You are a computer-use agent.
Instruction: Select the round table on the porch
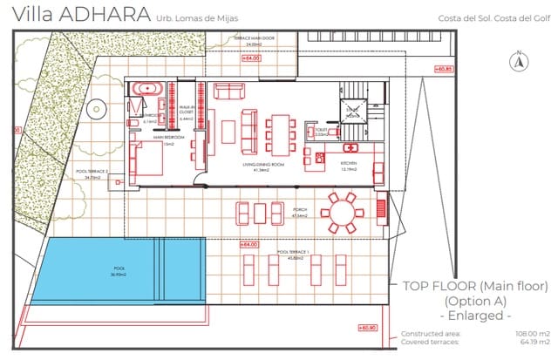tap(341, 210)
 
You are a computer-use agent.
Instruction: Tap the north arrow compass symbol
tap(518, 60)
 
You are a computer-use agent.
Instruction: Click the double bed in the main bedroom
tap(146, 160)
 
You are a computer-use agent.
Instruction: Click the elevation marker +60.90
tap(367, 328)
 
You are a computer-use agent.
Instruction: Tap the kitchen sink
tap(352, 146)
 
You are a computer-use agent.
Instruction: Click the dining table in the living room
tap(279, 132)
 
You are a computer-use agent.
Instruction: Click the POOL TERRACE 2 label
tap(92, 173)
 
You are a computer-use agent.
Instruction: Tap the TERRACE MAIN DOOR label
tap(254, 39)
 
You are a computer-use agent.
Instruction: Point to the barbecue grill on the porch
tap(380, 207)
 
